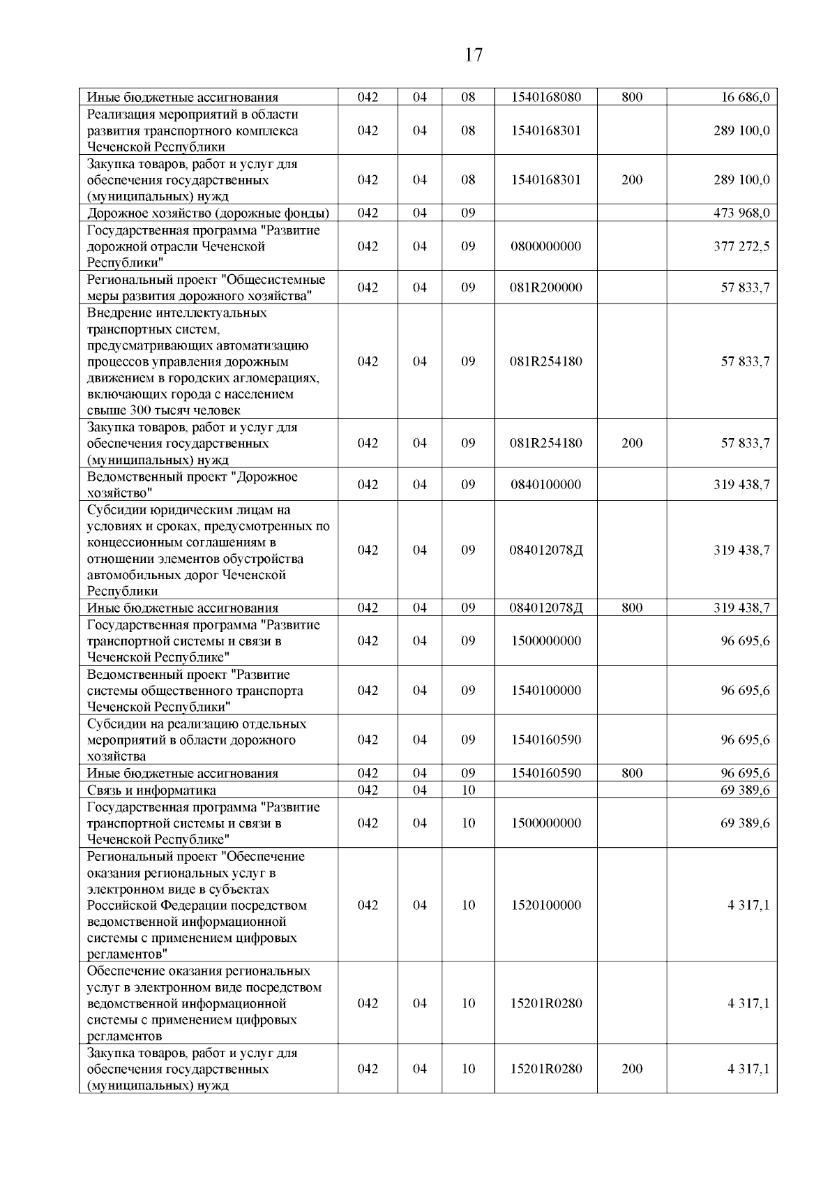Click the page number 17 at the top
[474, 55]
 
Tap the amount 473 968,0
[741, 213]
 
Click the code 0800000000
[545, 246]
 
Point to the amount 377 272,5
[741, 246]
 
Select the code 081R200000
[545, 287]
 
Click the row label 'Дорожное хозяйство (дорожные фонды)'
[208, 213]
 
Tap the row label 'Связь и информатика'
[151, 790]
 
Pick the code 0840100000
[545, 484]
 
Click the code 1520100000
[545, 905]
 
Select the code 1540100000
[545, 690]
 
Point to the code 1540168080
[545, 98]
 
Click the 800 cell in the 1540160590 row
[632, 773]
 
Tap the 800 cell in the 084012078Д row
[632, 608]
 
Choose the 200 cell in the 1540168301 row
[632, 180]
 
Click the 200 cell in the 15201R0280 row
[632, 1069]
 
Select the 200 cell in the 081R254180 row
[632, 443]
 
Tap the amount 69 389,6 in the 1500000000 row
[745, 823]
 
